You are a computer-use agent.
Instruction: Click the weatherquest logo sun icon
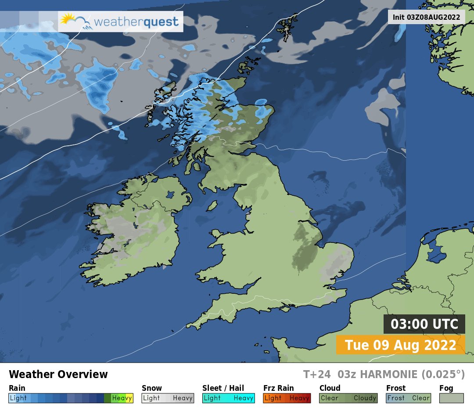[68, 20]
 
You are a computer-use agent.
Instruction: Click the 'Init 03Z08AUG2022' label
[426, 17]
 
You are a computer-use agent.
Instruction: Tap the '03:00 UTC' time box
[424, 324]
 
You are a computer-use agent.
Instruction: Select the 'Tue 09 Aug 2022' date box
[400, 345]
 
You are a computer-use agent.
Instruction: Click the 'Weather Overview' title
[58, 375]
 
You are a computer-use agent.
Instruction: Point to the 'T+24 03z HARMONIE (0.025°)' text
[384, 375]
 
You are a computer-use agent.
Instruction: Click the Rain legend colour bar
[71, 398]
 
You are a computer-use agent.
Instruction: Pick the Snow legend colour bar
[168, 398]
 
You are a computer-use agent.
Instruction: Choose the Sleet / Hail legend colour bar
[228, 398]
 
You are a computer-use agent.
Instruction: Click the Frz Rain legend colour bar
[287, 398]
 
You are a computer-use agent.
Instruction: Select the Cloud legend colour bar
[348, 398]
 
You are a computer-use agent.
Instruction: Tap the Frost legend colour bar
[408, 398]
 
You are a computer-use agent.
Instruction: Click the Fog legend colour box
[452, 398]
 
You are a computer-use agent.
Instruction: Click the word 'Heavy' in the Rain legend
[122, 398]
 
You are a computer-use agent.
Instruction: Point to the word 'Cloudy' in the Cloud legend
[365, 398]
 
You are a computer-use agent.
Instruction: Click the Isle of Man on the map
[212, 205]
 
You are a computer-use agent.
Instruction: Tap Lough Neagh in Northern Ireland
[168, 194]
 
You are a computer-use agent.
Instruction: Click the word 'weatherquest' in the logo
[136, 22]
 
